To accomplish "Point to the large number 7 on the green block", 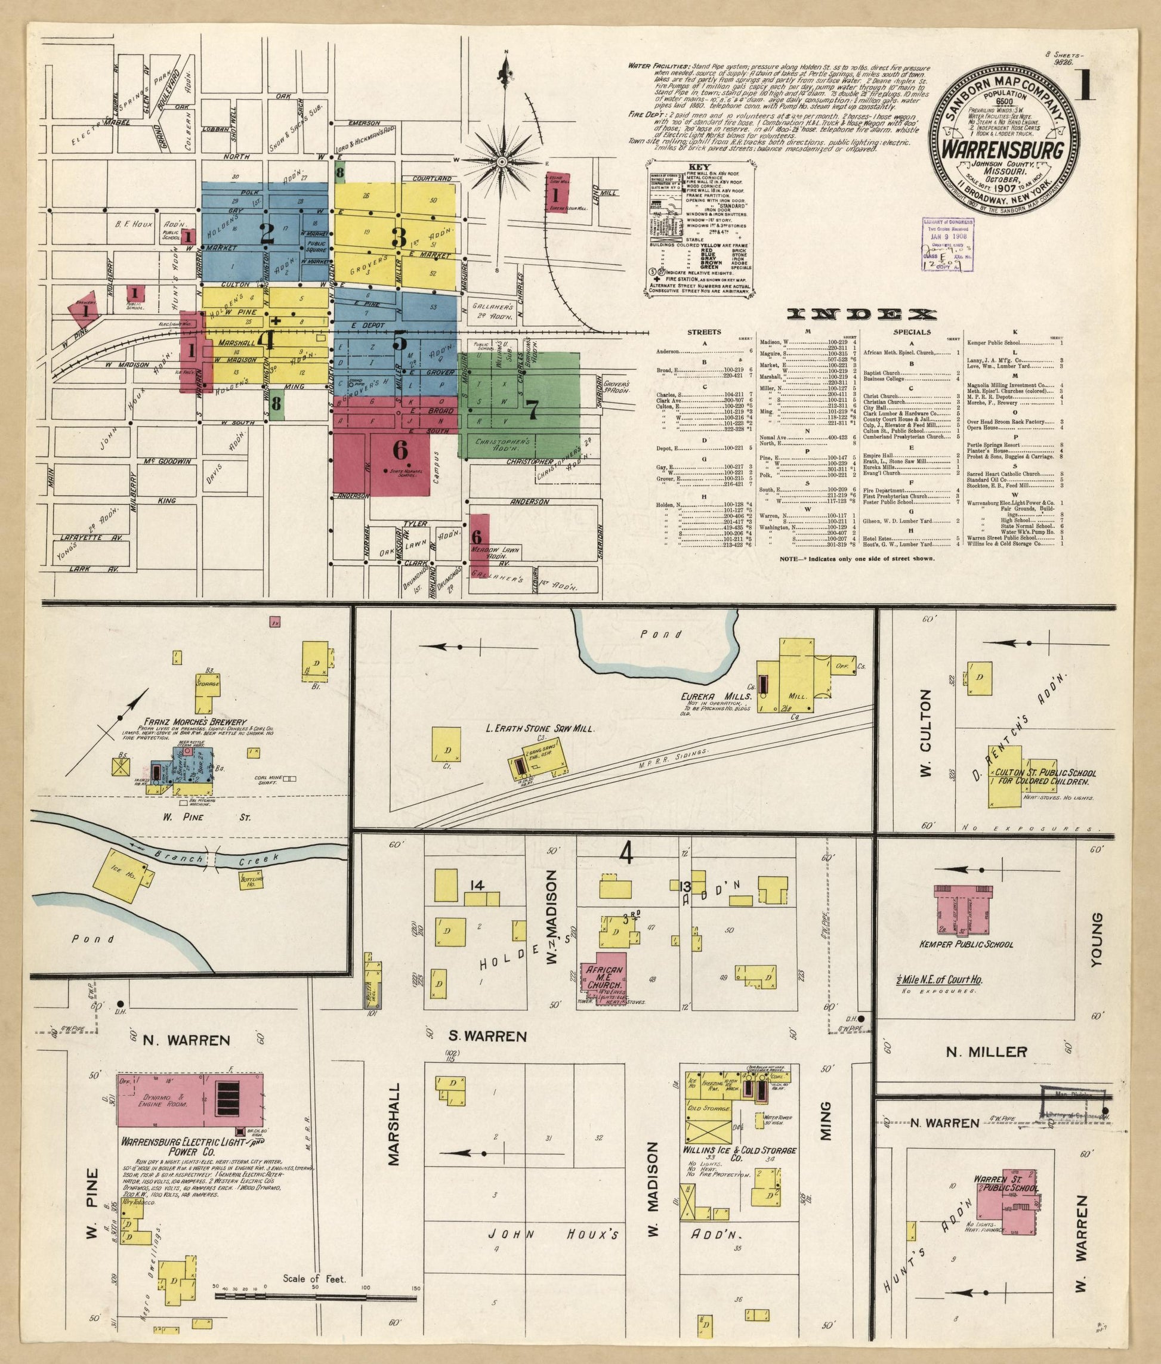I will point(532,409).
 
